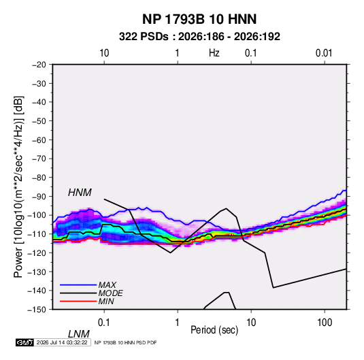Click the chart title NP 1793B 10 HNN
(x=199, y=19)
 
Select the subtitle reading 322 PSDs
(x=144, y=37)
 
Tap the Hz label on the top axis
(x=214, y=53)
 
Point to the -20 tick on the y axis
(x=39, y=65)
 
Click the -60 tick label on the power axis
(x=39, y=140)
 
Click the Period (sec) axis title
(x=214, y=330)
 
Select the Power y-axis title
(x=18, y=187)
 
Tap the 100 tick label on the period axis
(x=325, y=323)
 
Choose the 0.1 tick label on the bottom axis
(x=104, y=323)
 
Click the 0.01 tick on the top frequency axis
(x=324, y=53)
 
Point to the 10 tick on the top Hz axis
(x=104, y=53)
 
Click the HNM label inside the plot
(x=80, y=193)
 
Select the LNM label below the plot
(x=79, y=334)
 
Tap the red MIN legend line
(x=78, y=301)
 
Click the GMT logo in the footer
(x=24, y=342)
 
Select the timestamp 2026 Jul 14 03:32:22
(x=62, y=342)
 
